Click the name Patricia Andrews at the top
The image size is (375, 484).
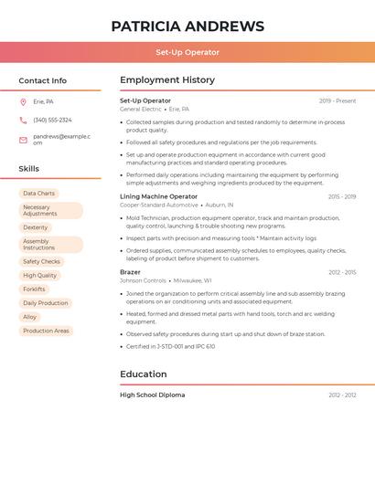point(187,26)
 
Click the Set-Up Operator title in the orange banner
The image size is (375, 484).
point(187,52)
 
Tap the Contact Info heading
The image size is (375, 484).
point(42,80)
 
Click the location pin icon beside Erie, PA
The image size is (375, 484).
point(23,101)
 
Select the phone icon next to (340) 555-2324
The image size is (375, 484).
point(23,120)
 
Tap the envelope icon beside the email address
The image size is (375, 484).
point(23,140)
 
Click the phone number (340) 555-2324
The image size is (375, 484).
point(52,120)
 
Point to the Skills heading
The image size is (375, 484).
point(28,169)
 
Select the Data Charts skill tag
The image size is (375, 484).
point(38,194)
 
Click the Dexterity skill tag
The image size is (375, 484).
point(36,227)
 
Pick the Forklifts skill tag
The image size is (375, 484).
point(34,289)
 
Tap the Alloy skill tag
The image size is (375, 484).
point(30,317)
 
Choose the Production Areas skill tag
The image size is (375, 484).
point(46,331)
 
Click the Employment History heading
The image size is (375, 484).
point(166,80)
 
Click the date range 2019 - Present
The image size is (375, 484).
point(337,100)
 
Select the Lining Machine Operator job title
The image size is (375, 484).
point(158,196)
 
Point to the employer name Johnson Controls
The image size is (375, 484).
point(143,280)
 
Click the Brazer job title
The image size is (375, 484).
point(130,272)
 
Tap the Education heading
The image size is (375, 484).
point(143,374)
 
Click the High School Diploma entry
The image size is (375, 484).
point(152,395)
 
